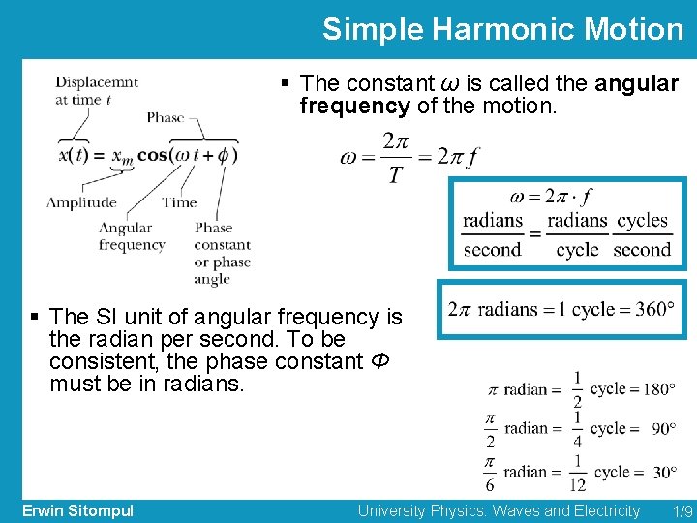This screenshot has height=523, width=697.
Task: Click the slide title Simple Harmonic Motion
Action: click(502, 29)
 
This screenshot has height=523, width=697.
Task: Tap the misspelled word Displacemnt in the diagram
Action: click(97, 82)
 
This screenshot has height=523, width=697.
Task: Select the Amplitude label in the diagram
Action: click(81, 202)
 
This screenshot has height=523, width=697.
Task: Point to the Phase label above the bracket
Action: click(166, 117)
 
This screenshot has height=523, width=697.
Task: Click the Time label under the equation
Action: click(179, 202)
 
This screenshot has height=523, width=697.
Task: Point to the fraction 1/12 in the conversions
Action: click(577, 472)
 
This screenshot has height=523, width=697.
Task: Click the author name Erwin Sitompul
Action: click(77, 510)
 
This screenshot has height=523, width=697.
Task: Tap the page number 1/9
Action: click(682, 510)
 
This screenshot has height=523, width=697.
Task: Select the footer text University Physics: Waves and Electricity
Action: click(499, 510)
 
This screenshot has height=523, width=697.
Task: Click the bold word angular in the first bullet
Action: click(636, 84)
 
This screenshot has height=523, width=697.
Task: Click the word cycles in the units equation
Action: click(642, 221)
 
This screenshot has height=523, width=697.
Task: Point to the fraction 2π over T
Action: click(396, 158)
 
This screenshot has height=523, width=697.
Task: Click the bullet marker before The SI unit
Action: click(35, 317)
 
